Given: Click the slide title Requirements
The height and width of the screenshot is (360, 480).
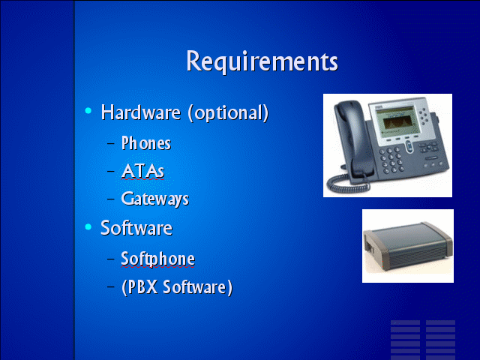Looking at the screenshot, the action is pos(262,61).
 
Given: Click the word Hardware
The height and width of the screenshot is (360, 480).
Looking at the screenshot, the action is pos(141,112).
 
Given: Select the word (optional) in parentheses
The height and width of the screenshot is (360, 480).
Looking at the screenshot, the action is pos(228,112).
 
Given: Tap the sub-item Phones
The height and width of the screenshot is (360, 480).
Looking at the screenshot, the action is pos(146,143).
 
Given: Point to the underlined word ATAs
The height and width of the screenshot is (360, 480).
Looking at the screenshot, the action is pos(143,171).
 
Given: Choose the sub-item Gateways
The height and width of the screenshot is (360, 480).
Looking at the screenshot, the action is pos(155,199).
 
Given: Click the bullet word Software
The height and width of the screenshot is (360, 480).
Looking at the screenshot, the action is pos(136,228).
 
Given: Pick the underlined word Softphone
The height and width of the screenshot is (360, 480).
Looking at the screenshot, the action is pos(158,259).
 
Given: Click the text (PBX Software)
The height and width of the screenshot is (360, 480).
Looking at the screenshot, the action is pos(177,287).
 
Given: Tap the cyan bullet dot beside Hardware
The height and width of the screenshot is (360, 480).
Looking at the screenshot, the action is pos(88,110).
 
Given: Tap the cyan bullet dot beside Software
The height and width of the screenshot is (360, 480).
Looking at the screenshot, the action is pos(88,226).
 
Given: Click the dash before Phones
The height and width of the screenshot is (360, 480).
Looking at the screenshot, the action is pos(111,143).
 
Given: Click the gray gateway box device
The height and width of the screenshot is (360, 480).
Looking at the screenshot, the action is pos(407,245).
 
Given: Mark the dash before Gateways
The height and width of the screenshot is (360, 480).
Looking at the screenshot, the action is pos(111,199).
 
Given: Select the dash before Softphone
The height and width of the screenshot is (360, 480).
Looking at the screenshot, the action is pos(111,259).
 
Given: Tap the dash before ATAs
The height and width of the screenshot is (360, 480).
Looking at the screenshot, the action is pos(111,171).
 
